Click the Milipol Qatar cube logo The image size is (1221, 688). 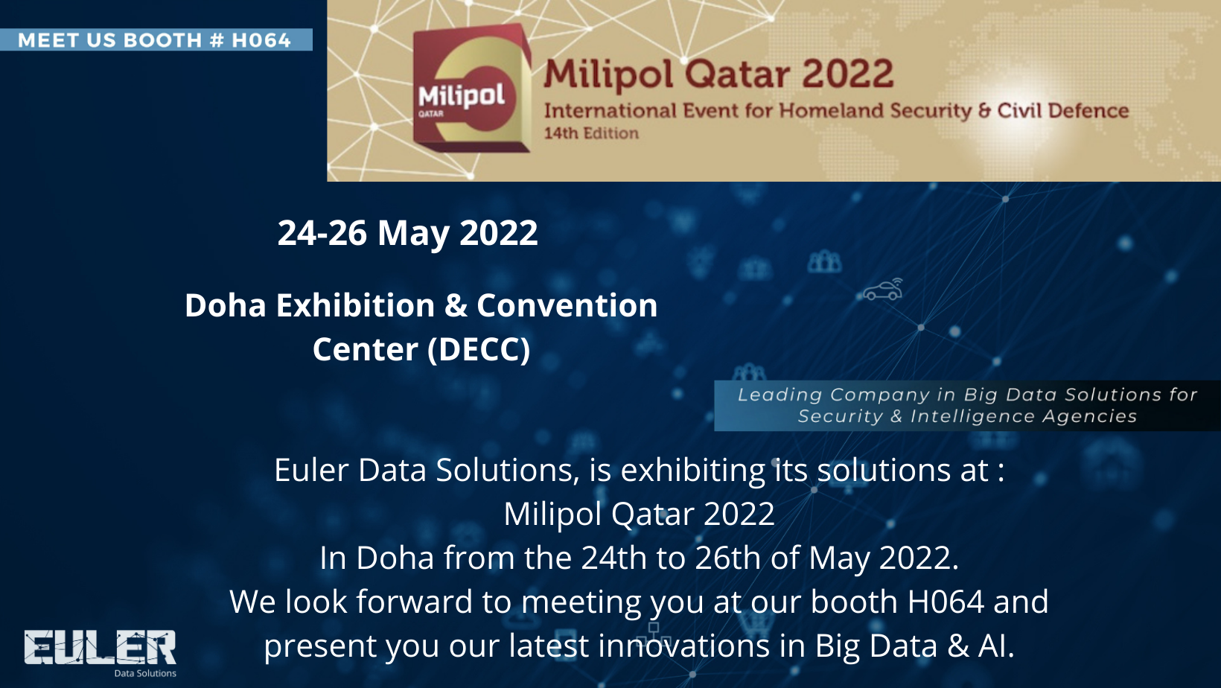[471, 89]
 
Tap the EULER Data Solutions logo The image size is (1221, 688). [101, 653]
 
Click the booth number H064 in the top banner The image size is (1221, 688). [261, 40]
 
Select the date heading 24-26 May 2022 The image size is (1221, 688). [408, 233]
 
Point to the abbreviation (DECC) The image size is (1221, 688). [479, 349]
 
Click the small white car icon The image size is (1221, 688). [883, 290]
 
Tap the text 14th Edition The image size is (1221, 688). [591, 133]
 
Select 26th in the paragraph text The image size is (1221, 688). [727, 558]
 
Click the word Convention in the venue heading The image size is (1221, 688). [567, 305]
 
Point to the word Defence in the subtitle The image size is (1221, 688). [1090, 111]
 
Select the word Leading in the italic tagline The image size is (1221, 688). [780, 395]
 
